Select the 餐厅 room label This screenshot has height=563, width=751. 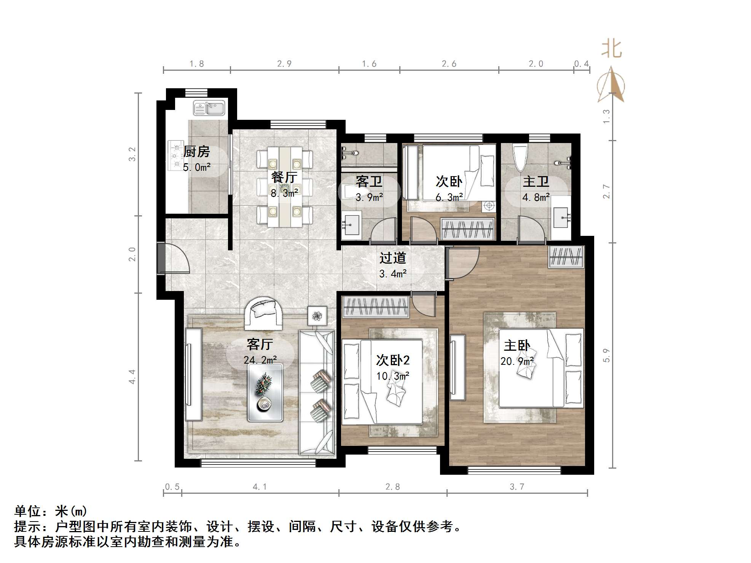(284, 177)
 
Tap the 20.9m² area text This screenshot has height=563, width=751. (517, 361)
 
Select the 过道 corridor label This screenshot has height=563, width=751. (392, 258)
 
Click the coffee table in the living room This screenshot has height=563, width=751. (265, 393)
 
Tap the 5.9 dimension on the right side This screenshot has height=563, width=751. (606, 355)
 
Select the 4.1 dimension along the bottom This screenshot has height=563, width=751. (260, 487)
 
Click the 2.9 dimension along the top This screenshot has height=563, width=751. (284, 64)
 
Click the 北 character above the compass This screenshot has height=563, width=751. (611, 49)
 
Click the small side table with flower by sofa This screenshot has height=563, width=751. (317, 316)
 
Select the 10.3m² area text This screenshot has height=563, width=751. (392, 376)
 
